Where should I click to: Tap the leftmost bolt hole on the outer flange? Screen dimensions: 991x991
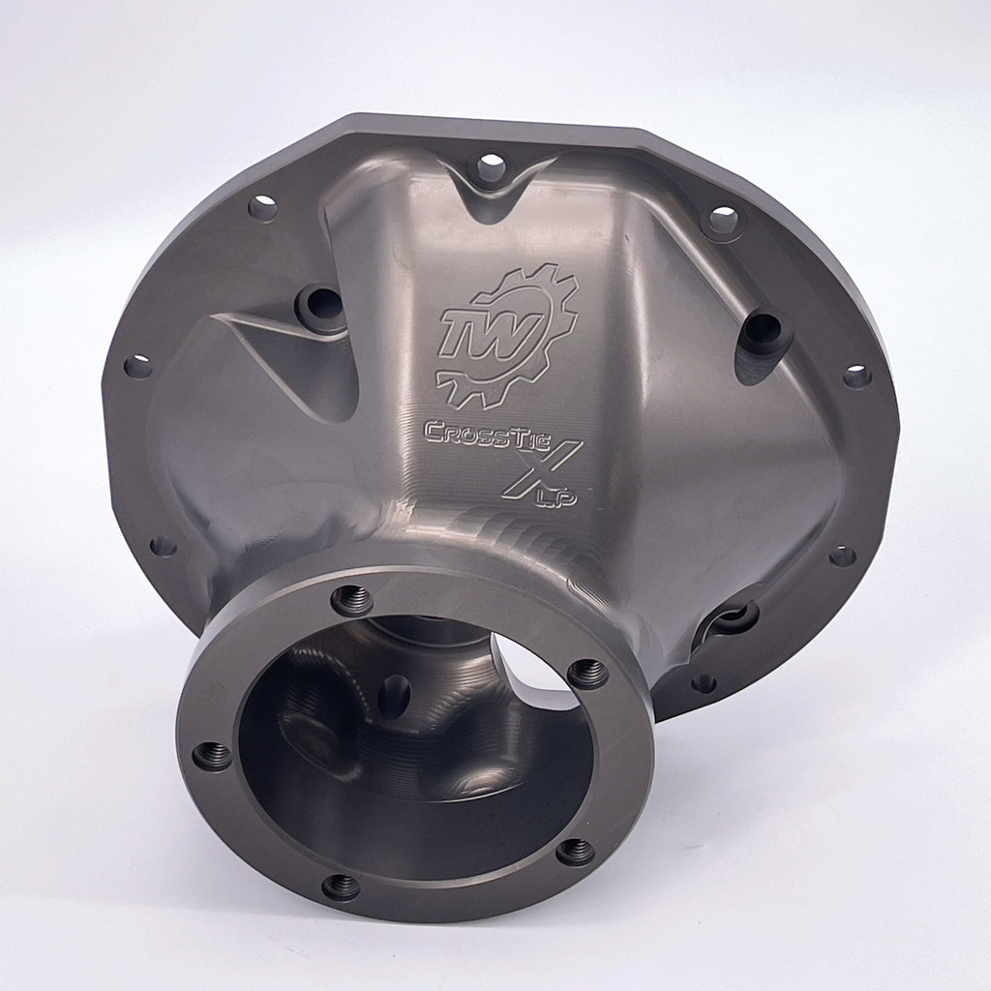[138, 366]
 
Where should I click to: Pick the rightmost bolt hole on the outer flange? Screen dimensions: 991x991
[856, 376]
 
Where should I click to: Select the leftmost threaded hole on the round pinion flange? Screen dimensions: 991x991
[212, 756]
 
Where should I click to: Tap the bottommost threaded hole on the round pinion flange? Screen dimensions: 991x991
[341, 885]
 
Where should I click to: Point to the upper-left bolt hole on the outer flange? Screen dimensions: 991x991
[262, 207]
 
